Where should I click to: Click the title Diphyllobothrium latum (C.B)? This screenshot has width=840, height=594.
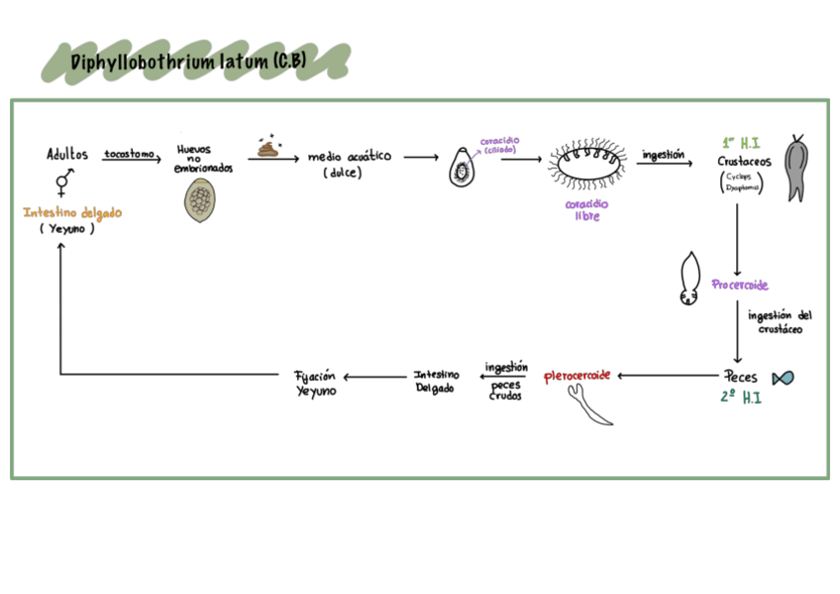tap(188, 63)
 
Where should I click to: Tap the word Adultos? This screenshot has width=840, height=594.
tap(67, 155)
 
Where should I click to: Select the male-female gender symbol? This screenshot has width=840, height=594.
tap(64, 181)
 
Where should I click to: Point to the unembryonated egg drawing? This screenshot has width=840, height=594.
tap(204, 201)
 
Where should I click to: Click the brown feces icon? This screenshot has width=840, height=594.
tap(268, 149)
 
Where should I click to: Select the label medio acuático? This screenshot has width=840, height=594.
tap(350, 157)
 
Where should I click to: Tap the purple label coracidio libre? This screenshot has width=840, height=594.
tap(587, 210)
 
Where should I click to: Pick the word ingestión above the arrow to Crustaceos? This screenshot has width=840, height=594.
tap(664, 155)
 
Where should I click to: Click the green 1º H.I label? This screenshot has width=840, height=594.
tap(740, 142)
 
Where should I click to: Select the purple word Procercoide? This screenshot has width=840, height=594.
tap(740, 285)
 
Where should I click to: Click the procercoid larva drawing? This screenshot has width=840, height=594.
tap(690, 279)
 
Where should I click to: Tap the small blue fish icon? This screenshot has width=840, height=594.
tap(783, 378)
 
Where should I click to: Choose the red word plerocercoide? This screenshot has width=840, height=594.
tap(577, 376)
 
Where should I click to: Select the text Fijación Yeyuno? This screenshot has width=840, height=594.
tap(316, 383)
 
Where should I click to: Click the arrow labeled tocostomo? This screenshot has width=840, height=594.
tap(131, 160)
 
